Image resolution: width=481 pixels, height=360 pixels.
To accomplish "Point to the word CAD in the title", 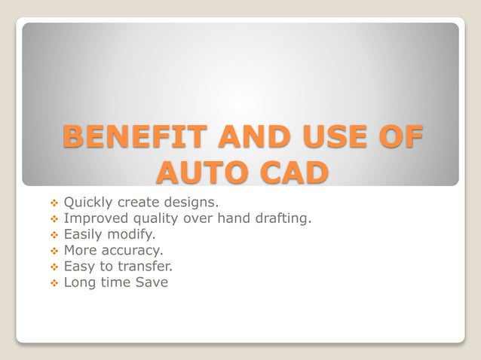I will pos(290,172).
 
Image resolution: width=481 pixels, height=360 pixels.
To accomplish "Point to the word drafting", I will pos(282,218).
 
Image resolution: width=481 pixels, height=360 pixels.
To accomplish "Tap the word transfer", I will pos(146,266).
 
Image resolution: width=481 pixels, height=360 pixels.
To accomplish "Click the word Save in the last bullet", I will pos(152,282).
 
